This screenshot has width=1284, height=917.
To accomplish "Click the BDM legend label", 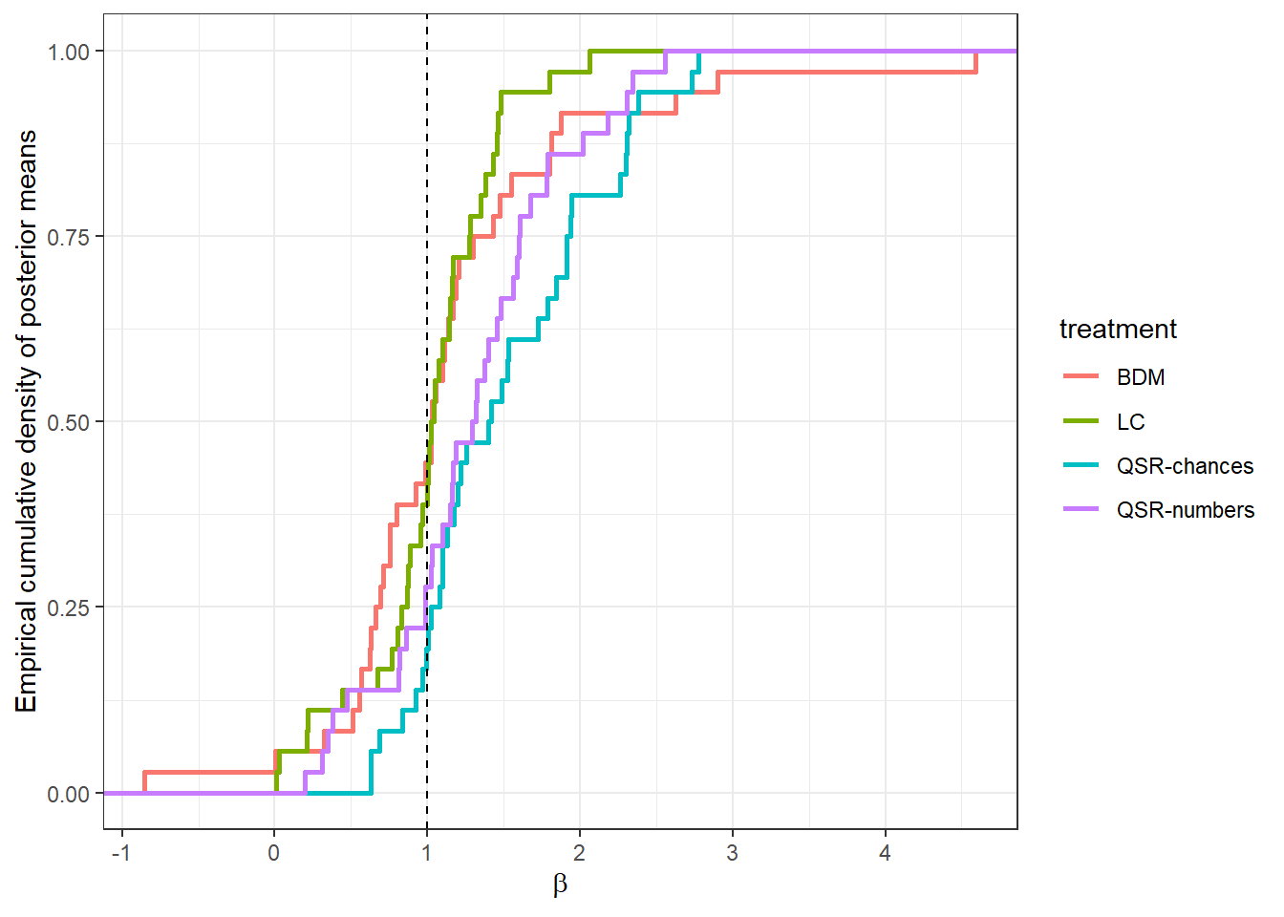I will pos(1141,377).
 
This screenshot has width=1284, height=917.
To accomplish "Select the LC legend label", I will pos(1130,422).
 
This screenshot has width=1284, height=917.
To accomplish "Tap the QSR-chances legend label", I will pos(1185,466).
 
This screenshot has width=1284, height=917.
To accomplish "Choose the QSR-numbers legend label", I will pos(1186,510).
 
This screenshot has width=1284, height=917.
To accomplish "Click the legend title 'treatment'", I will pos(1118,330).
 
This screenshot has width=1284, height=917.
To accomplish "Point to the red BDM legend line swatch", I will pos(1081,377).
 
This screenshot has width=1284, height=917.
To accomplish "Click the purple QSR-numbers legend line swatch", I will pos(1081,510).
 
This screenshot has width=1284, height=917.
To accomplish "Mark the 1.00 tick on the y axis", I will pos(69,52).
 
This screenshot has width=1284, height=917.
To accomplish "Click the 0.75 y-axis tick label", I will pos(69,237).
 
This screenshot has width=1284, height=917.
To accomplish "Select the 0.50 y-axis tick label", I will pos(69,422).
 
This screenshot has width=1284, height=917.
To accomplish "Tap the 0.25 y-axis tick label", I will pos(69,608).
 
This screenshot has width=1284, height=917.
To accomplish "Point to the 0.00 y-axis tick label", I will pos(69,794).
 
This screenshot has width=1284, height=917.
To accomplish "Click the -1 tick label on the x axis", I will pos(120,853).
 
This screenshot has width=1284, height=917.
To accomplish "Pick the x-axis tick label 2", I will pos(579,853).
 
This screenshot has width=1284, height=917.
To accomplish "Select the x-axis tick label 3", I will pos(732,853).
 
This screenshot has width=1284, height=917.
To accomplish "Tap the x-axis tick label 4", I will pos(885,853).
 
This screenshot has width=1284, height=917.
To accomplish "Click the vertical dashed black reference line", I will pos(427,287).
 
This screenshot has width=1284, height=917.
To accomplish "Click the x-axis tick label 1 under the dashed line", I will pos(427,853).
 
